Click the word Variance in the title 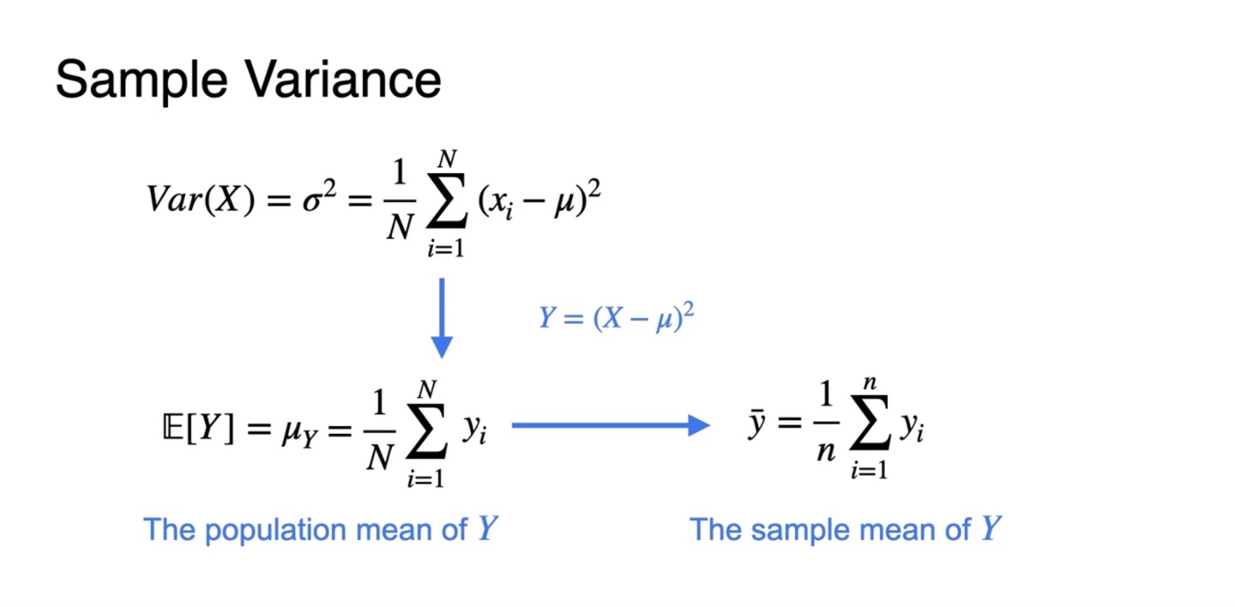(x=342, y=80)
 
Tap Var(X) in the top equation (x=200, y=200)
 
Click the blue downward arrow (x=442, y=316)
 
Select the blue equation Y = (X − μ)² (x=616, y=318)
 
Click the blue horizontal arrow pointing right (x=611, y=424)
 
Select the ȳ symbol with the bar (x=756, y=425)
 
